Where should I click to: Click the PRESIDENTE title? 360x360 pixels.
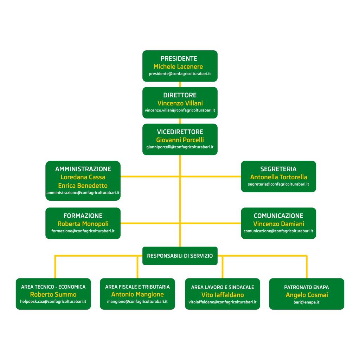click(x=179, y=59)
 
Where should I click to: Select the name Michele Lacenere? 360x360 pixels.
click(x=178, y=66)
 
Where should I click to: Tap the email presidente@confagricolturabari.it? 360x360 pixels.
click(x=180, y=74)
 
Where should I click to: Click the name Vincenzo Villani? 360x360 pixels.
click(x=180, y=103)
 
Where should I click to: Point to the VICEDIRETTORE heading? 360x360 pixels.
click(x=180, y=132)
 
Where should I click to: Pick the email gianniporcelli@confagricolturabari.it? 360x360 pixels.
click(x=180, y=147)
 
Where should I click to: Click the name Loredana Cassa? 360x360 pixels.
click(x=83, y=177)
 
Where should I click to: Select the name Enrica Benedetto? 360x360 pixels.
click(x=83, y=186)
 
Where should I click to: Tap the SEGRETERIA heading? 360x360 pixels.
click(x=278, y=169)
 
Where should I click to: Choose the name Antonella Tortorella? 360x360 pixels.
click(x=278, y=177)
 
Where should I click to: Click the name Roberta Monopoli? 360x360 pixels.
click(x=83, y=224)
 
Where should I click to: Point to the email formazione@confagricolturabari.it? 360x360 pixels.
click(x=83, y=231)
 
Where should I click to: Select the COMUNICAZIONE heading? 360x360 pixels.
click(x=278, y=216)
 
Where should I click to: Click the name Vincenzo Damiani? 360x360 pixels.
click(x=278, y=224)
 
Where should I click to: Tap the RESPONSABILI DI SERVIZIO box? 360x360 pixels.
click(x=180, y=256)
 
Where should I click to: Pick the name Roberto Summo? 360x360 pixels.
click(x=53, y=295)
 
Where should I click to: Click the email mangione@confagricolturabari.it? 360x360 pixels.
click(x=137, y=301)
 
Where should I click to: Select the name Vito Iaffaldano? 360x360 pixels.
click(x=223, y=295)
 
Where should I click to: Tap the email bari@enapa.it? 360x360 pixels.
click(x=307, y=302)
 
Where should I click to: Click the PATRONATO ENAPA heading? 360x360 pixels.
click(x=307, y=287)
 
